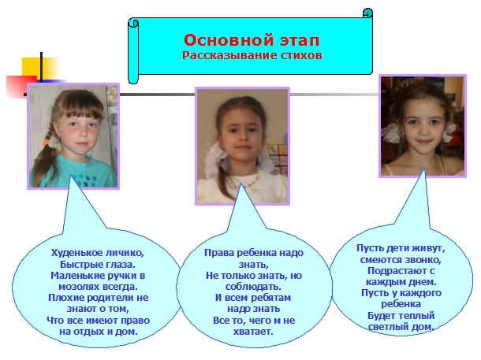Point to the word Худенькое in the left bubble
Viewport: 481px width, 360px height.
[x=76, y=253]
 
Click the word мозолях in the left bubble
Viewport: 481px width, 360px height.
[x=79, y=287]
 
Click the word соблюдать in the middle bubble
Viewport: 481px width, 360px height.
[x=253, y=287]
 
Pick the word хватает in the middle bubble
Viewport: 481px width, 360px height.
[x=253, y=332]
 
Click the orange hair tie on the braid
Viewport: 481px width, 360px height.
[x=47, y=143]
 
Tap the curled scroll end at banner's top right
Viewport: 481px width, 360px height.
[x=367, y=13]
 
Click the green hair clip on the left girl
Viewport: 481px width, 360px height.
[x=52, y=108]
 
